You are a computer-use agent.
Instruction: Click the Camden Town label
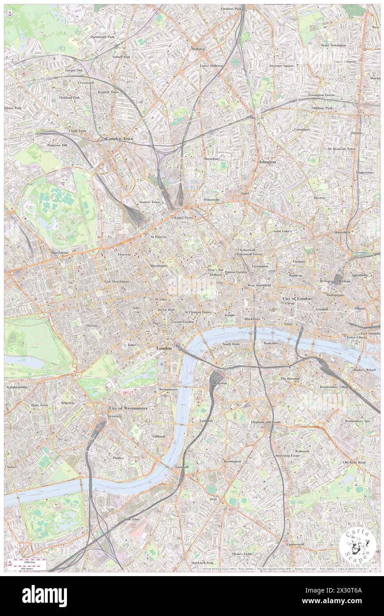click(x=119, y=139)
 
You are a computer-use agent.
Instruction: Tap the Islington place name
click(x=267, y=162)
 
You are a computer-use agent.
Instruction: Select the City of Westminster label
click(x=129, y=408)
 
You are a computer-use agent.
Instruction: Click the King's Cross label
click(x=183, y=218)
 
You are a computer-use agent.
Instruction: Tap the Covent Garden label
click(x=182, y=321)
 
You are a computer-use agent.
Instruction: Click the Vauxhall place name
click(x=181, y=467)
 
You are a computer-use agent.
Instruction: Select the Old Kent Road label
click(x=354, y=463)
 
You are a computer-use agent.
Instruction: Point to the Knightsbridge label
click(x=17, y=387)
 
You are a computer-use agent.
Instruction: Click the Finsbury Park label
click(x=231, y=8)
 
